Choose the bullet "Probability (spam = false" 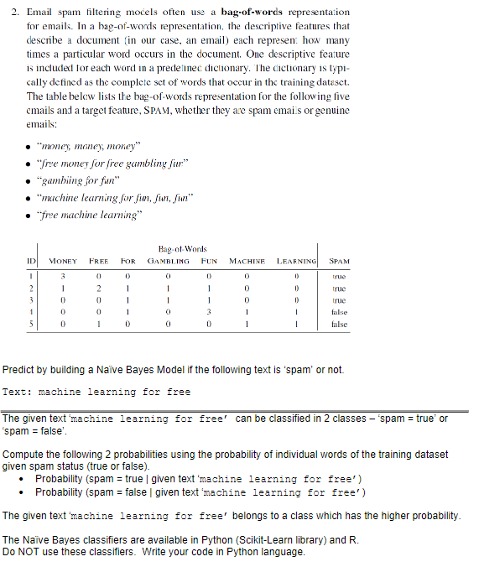point(195,492)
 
